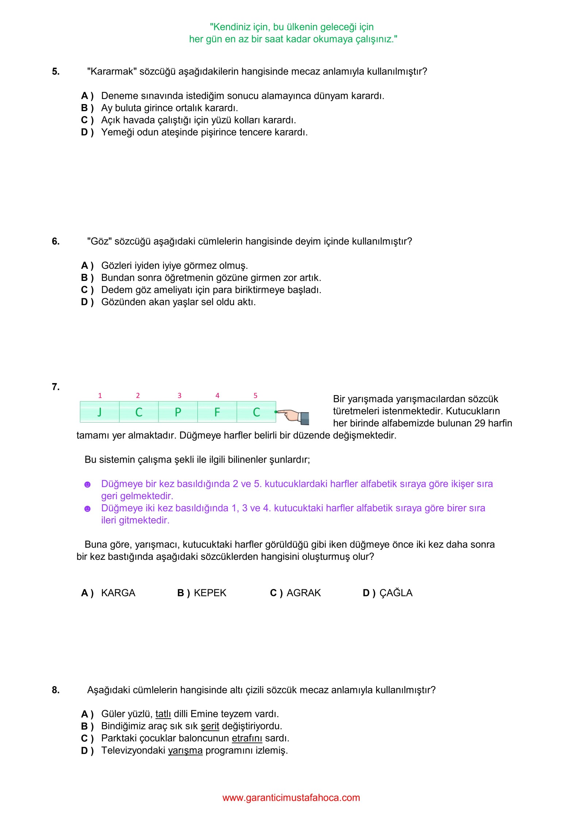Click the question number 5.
[x=55, y=72]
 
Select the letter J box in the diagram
[x=100, y=412]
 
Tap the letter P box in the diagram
[x=178, y=412]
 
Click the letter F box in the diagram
[x=217, y=412]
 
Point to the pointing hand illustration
[x=294, y=416]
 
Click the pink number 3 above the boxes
[x=180, y=395]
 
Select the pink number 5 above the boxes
[x=255, y=395]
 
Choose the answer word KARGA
[x=118, y=593]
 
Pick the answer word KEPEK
[x=210, y=593]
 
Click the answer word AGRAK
[x=304, y=593]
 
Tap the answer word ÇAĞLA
[x=396, y=593]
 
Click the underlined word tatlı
[x=163, y=714]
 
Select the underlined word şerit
[x=210, y=726]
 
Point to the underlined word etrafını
[x=247, y=738]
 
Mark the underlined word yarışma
[x=185, y=750]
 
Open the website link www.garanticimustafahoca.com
[x=291, y=798]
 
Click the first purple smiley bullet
[x=87, y=485]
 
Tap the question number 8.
[x=55, y=690]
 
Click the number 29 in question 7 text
[x=480, y=423]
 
